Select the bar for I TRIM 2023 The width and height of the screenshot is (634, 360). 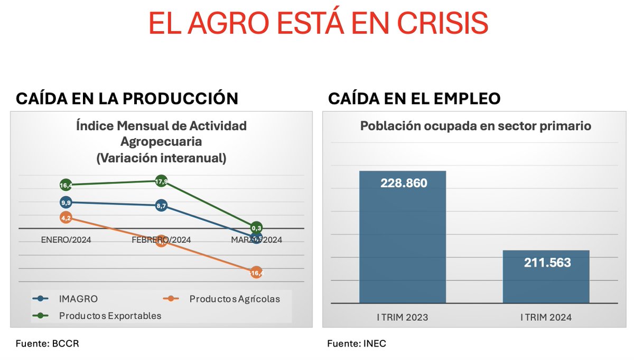[403, 238]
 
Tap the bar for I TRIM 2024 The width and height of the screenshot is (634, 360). [546, 277]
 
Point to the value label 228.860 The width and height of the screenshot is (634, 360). [404, 183]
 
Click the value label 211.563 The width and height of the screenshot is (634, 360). [547, 262]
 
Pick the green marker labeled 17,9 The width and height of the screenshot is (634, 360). [162, 181]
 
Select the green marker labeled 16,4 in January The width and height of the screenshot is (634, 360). [66, 185]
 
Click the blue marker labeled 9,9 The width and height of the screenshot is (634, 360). [66, 202]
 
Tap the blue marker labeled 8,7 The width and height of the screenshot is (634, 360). [162, 205]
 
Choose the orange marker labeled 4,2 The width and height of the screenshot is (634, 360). [66, 217]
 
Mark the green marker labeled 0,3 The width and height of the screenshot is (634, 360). [257, 228]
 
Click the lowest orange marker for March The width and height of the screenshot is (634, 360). [257, 273]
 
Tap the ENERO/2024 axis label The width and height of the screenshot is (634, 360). [66, 240]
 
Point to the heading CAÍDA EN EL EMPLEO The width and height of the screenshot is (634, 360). [414, 99]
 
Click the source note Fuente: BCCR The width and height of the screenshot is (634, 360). [47, 344]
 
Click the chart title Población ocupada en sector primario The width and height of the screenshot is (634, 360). [475, 126]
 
